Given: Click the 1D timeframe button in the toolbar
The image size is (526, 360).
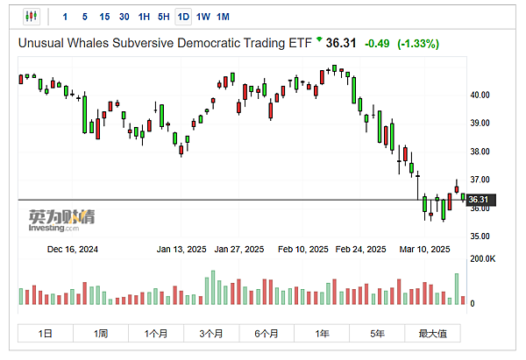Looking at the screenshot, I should [183, 17].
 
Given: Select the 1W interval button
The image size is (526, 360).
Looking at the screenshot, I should [203, 17].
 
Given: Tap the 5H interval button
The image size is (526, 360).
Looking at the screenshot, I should [163, 17].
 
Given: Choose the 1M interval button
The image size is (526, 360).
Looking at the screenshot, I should [223, 17].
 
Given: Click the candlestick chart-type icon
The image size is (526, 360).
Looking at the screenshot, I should [32, 17].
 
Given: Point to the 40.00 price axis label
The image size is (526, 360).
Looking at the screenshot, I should [480, 95].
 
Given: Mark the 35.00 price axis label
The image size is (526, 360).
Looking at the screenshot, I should [480, 236].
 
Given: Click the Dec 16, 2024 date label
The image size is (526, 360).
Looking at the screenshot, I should [73, 250].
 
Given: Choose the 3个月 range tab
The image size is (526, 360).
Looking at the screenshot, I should [211, 333].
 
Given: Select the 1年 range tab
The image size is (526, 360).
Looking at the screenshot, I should [323, 333].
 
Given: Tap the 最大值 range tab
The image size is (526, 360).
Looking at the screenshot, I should [432, 333].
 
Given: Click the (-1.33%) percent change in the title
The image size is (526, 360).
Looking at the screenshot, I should [418, 43].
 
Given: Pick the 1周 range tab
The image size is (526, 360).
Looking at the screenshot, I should [101, 333].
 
